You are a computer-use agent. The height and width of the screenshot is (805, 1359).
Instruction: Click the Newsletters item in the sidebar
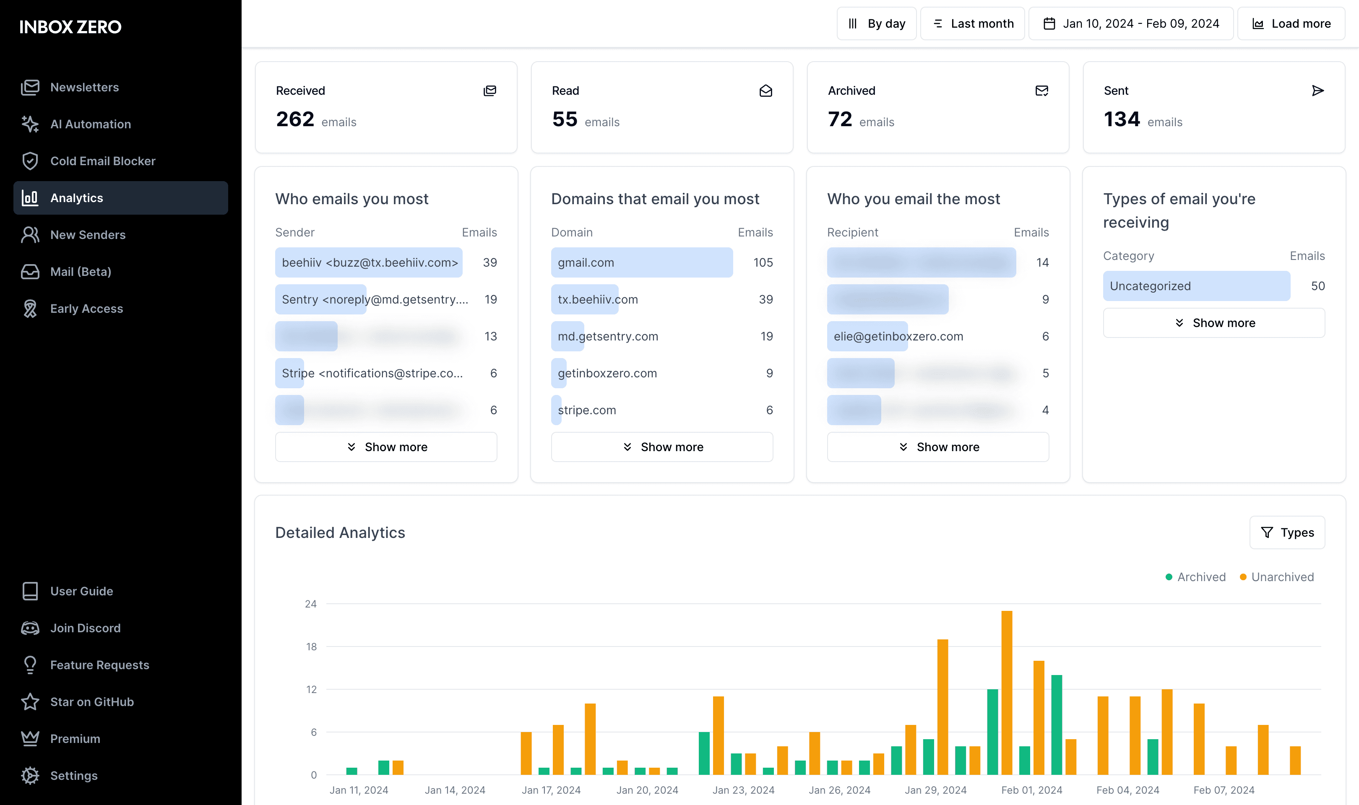coord(84,87)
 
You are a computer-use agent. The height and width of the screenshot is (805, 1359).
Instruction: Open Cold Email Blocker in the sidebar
coord(102,161)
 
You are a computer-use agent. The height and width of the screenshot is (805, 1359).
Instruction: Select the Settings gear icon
coord(30,775)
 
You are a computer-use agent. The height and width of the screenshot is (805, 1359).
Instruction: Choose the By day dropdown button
coord(876,24)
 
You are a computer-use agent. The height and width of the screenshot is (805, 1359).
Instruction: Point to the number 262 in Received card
coord(295,119)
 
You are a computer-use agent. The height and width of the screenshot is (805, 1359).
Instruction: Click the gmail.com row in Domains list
coord(641,262)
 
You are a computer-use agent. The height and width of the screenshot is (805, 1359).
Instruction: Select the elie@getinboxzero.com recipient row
coord(898,336)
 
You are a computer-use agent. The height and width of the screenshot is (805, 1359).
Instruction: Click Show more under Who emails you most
coord(386,447)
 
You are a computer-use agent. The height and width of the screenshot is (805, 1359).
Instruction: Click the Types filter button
coord(1287,533)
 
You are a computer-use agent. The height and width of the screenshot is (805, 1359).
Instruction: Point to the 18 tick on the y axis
coord(311,647)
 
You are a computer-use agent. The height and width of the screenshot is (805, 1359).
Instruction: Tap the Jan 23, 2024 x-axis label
coord(743,790)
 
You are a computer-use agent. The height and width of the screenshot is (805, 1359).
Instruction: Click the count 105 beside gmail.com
coord(763,262)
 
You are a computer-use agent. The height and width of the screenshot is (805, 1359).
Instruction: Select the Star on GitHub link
coord(92,702)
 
